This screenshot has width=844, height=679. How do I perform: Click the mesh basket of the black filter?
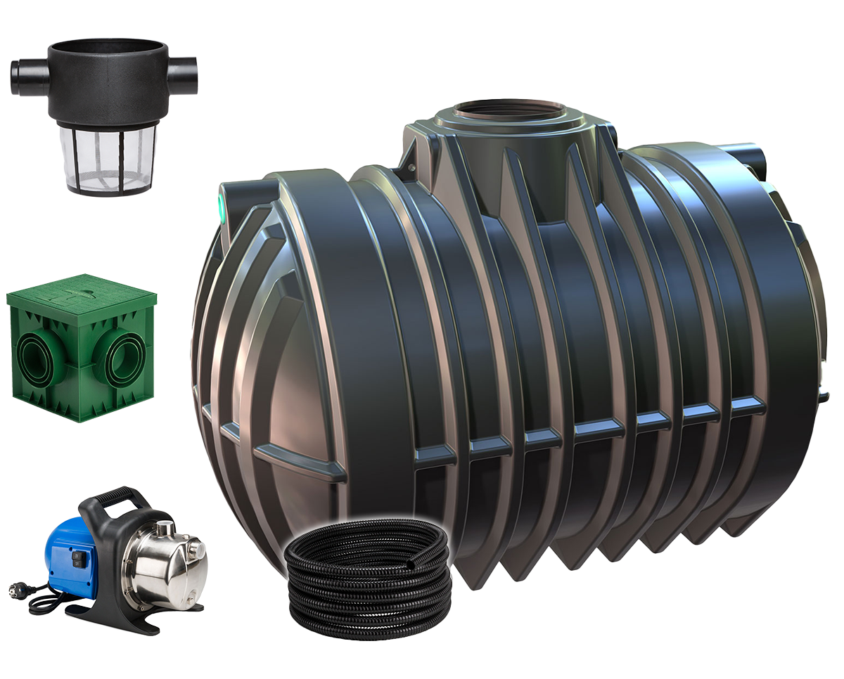[x=110, y=158]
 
